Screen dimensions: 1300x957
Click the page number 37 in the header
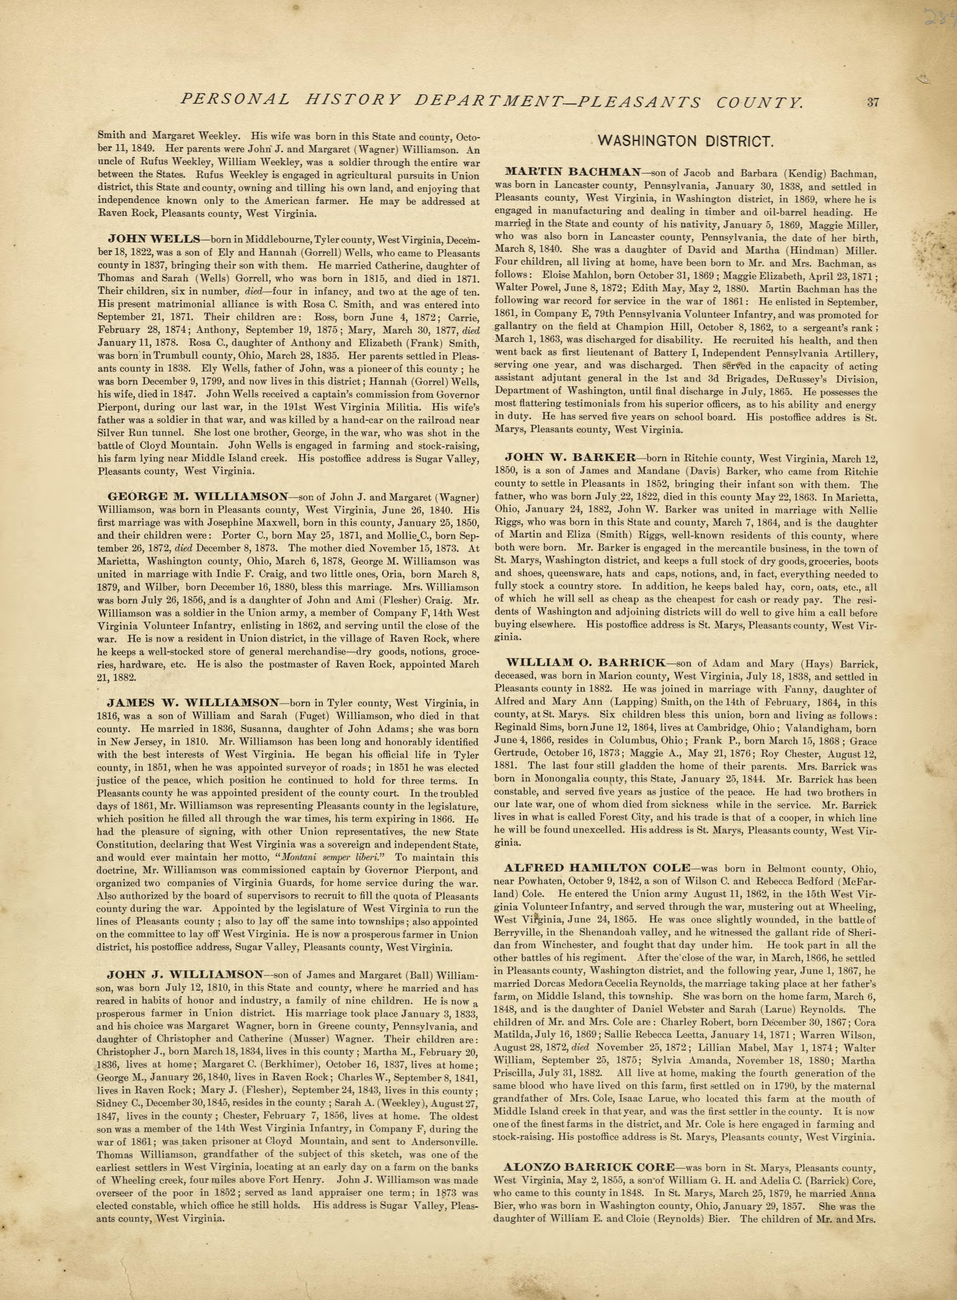(x=873, y=102)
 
